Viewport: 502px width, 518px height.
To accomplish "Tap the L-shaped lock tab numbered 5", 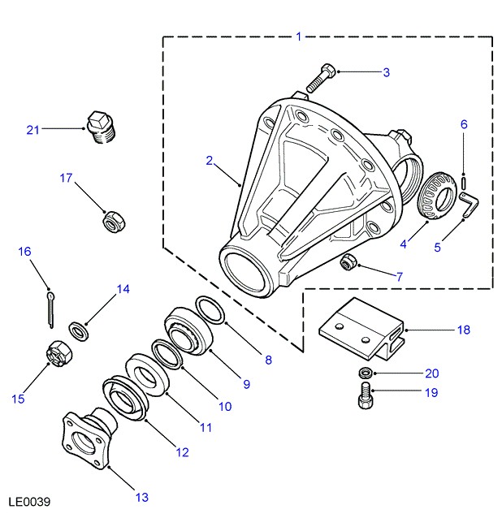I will point(468,205).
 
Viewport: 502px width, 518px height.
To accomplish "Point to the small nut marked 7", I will point(350,261).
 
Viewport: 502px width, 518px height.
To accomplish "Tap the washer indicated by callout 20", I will point(365,373).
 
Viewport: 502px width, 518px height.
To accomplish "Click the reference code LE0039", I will point(29,503).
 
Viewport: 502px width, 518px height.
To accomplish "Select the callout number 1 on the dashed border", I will point(298,37).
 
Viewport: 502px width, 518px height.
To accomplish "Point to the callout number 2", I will point(209,161).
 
